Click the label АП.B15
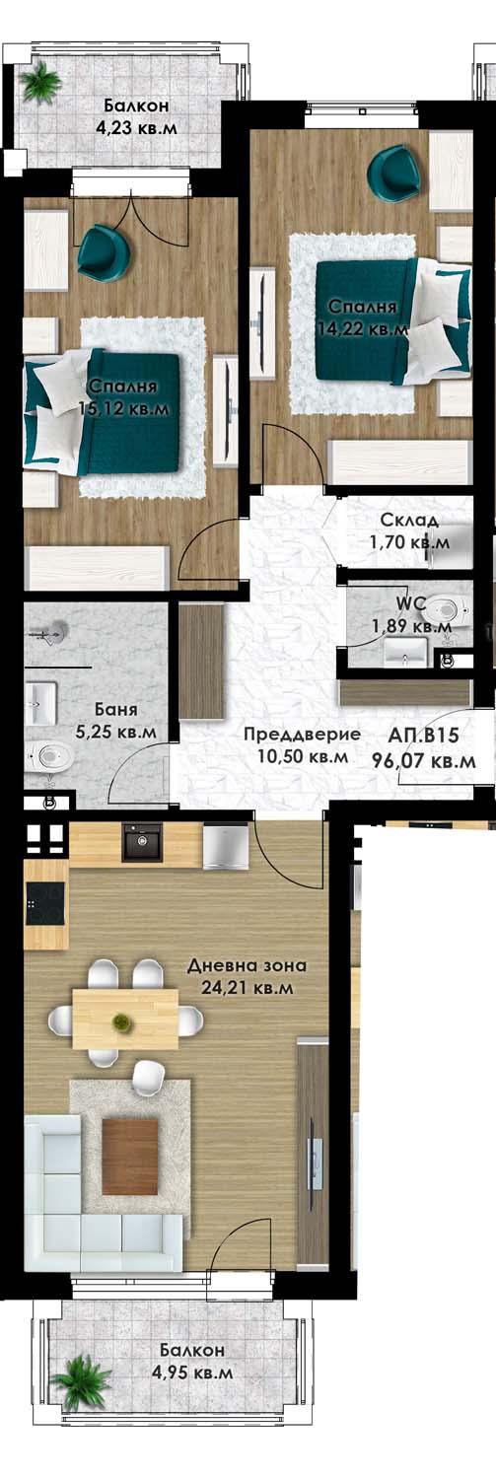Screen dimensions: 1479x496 coord(425,736)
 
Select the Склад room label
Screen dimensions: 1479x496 coord(410,520)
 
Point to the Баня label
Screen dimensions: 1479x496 coord(116,709)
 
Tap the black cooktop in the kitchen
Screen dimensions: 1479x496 coord(45,900)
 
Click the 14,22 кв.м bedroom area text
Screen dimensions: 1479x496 coord(364,329)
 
